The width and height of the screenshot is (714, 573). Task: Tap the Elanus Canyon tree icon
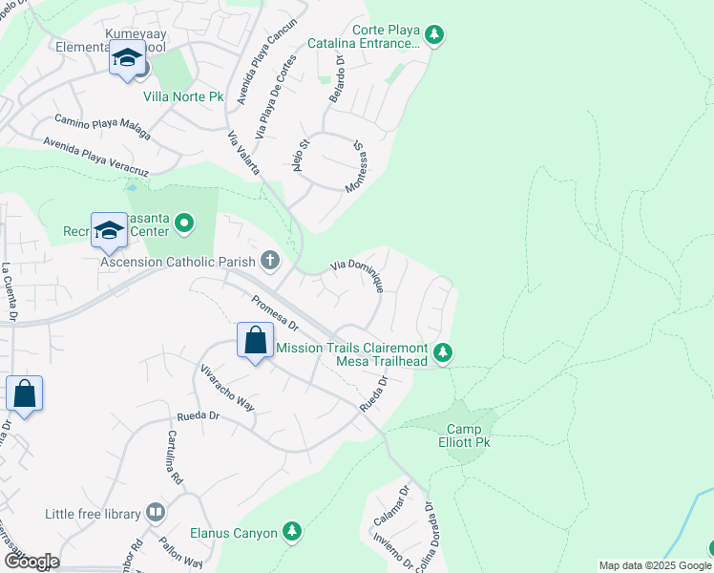click(292, 532)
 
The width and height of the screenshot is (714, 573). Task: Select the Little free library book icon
click(155, 513)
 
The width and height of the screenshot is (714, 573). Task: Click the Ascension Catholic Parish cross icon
click(270, 261)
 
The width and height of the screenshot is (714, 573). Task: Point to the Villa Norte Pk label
click(182, 95)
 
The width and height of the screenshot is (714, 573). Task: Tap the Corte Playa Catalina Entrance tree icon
click(435, 35)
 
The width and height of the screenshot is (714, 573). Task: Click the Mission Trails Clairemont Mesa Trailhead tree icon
click(442, 353)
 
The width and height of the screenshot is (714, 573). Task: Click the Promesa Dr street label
click(275, 312)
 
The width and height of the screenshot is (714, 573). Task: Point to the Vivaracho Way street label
click(226, 386)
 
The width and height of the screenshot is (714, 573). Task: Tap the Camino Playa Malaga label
click(102, 126)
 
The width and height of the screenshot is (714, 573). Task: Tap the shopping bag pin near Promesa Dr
click(256, 341)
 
